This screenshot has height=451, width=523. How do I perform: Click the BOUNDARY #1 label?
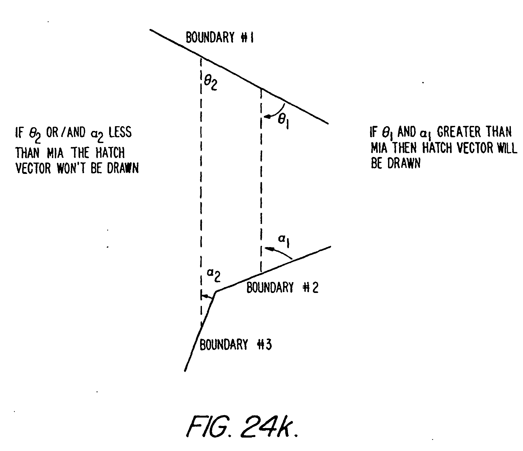(x=220, y=37)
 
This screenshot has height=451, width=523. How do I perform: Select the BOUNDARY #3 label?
(x=235, y=345)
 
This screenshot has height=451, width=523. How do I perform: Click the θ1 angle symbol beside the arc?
(x=283, y=122)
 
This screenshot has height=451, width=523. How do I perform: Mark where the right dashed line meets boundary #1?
(x=261, y=88)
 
